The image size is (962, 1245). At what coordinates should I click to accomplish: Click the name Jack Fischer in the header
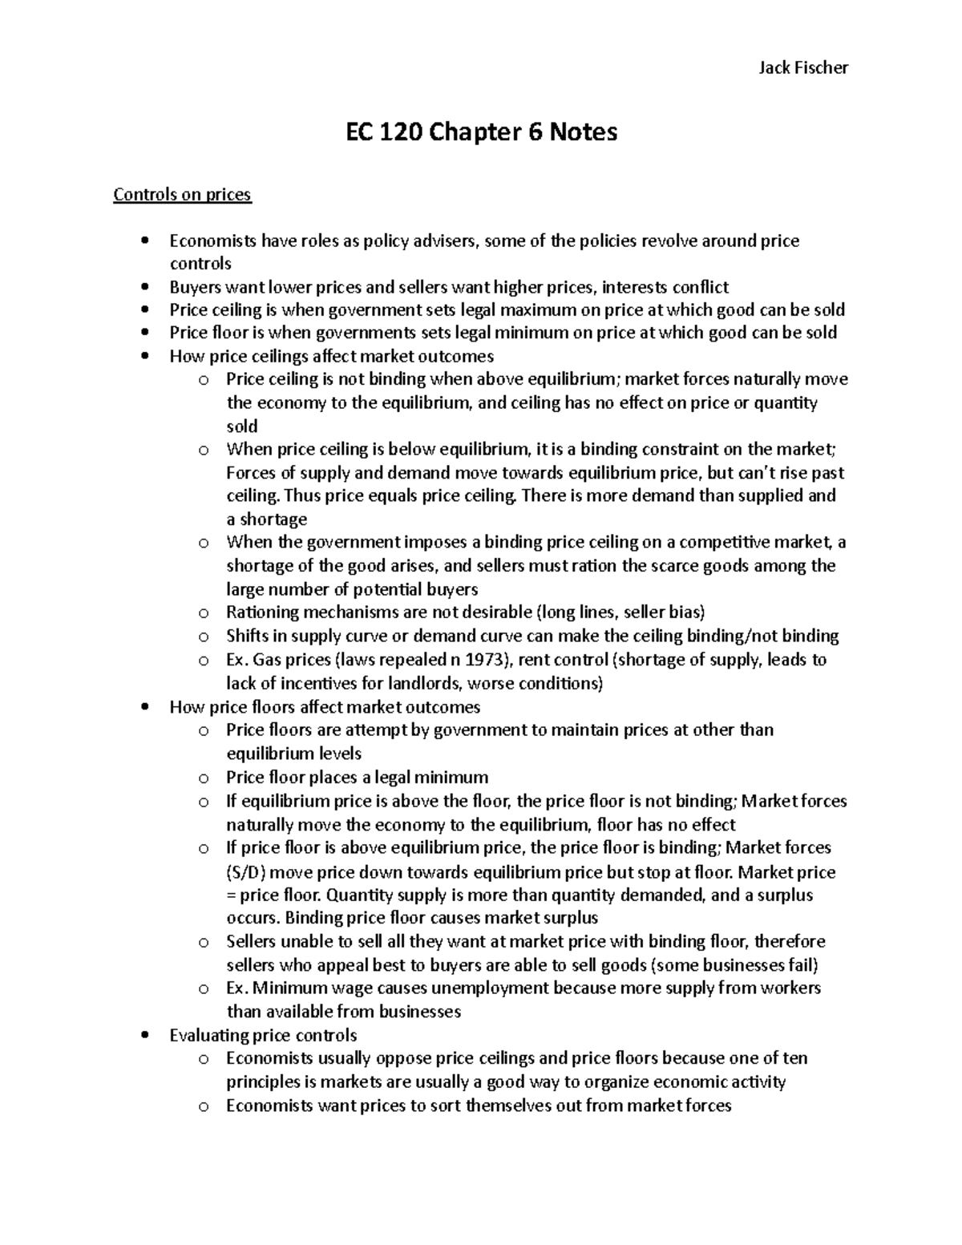tap(802, 67)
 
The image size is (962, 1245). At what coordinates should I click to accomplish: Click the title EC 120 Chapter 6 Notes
tap(481, 131)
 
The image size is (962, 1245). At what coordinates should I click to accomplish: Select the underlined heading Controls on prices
tap(182, 195)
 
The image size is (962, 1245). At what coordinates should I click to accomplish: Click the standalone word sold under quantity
tap(242, 426)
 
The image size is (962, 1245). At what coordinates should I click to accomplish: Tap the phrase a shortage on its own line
tap(266, 519)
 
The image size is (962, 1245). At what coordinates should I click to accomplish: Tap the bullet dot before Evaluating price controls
tap(144, 1035)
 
